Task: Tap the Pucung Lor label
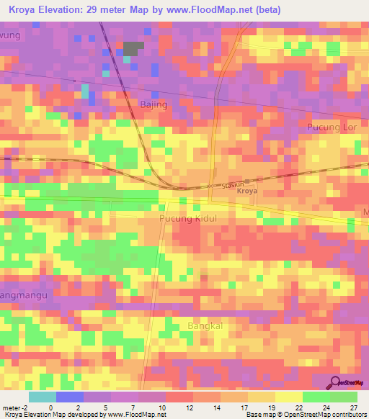coord(332,127)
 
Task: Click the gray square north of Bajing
coord(133,49)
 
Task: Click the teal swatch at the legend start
coord(42,397)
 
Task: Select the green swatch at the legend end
coord(343,397)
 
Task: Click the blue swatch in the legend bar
coord(69,397)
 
